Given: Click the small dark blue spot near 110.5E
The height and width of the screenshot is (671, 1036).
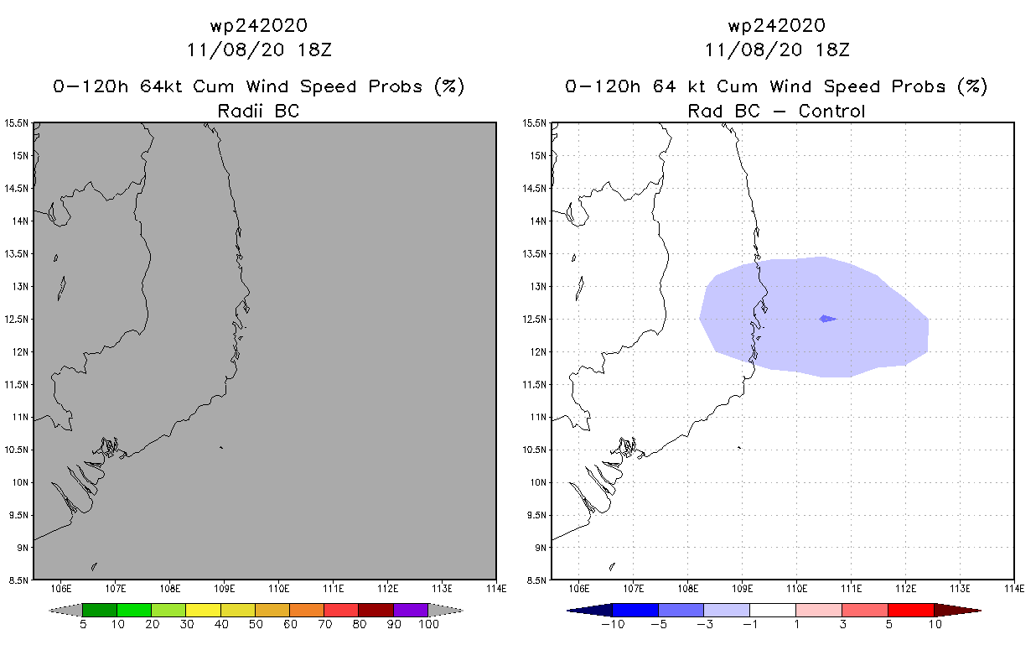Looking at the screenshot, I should (827, 318).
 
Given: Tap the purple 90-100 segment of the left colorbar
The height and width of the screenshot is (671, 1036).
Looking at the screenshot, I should (411, 610).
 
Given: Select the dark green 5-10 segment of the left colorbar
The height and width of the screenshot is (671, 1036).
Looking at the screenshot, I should (100, 610).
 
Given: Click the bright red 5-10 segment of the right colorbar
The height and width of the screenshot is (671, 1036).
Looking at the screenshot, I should (910, 610).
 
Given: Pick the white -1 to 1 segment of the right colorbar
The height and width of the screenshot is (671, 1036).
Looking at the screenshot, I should (772, 610).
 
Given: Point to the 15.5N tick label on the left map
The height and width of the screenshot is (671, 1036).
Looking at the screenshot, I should (17, 123).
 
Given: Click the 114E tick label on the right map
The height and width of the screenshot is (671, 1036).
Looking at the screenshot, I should (1014, 588).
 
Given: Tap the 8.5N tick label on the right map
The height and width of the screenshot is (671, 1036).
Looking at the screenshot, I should (537, 580).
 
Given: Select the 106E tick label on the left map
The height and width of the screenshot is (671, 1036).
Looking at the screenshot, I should (61, 588).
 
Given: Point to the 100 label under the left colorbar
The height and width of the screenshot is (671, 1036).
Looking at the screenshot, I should (427, 624).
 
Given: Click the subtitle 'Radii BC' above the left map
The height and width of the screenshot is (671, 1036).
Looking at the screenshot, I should (258, 110).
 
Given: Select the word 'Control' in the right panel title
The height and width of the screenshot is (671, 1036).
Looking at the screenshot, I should (831, 110).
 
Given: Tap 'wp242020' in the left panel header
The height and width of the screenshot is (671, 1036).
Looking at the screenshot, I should (258, 25).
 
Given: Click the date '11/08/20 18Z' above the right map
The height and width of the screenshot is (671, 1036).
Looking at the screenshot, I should (777, 49).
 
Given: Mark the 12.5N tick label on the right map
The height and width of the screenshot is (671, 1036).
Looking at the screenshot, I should (537, 319).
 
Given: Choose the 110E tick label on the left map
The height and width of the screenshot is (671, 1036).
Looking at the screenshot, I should (278, 588).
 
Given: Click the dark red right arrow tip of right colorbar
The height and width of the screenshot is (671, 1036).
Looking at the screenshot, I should (969, 610).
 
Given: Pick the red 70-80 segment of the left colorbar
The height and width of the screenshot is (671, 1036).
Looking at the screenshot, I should (341, 610).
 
